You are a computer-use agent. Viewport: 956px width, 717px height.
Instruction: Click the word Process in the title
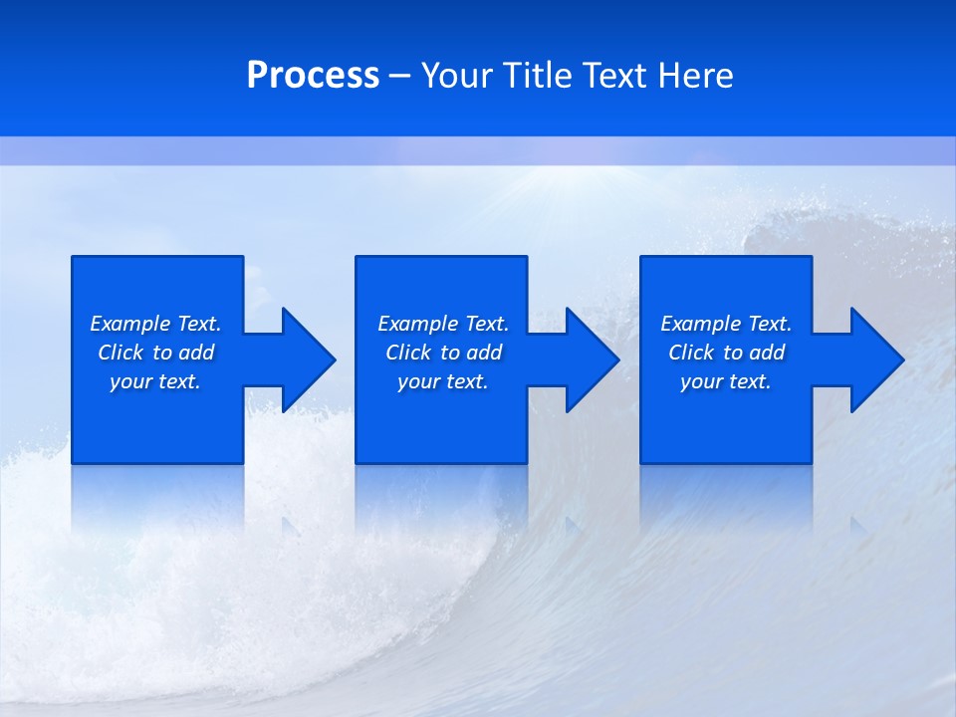click(x=313, y=76)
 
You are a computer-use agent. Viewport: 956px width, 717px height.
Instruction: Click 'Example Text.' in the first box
click(x=155, y=324)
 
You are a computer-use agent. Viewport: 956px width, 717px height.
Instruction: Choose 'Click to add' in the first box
click(x=155, y=353)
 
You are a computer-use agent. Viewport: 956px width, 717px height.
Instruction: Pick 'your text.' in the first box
click(x=155, y=381)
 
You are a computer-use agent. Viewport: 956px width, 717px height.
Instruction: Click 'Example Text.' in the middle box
click(x=443, y=324)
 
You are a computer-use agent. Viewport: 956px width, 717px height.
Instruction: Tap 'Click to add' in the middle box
click(x=443, y=353)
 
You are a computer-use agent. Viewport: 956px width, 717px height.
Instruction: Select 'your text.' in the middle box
click(x=443, y=381)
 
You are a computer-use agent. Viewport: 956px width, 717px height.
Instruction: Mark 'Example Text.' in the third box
click(x=726, y=324)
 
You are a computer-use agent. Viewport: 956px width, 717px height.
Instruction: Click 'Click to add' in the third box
click(x=726, y=353)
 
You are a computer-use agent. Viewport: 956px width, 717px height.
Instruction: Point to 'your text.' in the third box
click(x=726, y=381)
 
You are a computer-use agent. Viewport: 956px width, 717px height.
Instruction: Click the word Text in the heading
click(x=615, y=76)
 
